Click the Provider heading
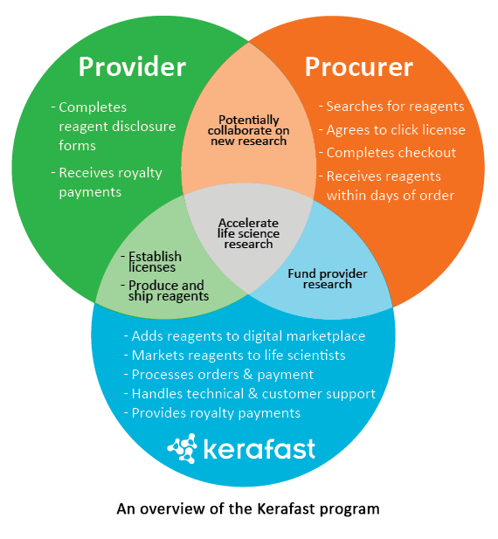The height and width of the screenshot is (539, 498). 132,66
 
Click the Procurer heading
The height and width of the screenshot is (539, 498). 359,66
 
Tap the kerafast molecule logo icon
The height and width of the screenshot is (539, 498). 183,449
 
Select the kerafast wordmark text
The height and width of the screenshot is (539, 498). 259,449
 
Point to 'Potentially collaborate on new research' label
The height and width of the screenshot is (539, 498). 248,130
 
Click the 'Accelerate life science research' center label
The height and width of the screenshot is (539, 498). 248,233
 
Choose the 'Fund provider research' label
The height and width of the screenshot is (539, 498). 328,279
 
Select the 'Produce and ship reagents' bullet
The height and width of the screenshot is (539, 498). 165,291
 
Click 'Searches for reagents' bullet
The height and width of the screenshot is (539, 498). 391,107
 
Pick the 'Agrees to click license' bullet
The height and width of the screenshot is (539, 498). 391,130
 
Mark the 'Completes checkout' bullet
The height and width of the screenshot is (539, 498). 387,153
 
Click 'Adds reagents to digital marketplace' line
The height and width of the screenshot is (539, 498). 245,336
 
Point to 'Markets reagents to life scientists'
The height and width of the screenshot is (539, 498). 235,356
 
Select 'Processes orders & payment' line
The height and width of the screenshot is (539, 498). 218,375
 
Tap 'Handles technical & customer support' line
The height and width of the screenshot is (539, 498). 250,394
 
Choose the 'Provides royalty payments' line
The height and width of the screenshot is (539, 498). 212,413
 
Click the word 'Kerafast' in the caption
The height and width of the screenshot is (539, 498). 286,508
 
